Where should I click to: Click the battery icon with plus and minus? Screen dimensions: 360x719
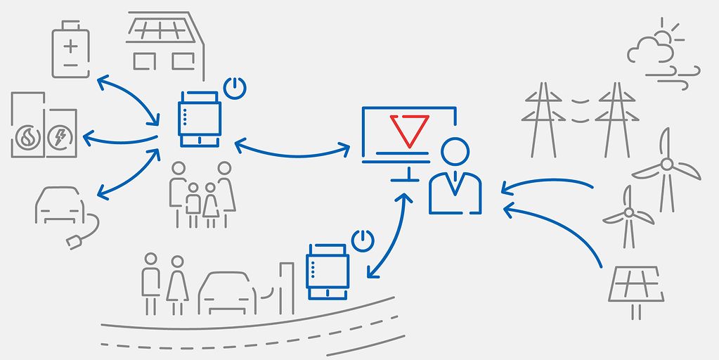(71, 51)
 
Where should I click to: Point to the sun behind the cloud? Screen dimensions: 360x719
(663, 35)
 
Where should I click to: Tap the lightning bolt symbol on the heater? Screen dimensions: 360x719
(59, 136)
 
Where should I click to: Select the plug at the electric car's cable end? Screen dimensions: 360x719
(73, 243)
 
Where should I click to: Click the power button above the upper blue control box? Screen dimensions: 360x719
(235, 89)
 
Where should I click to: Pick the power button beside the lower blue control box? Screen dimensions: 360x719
(362, 240)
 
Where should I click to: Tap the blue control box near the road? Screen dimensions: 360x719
(328, 272)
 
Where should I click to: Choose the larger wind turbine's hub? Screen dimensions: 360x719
(666, 165)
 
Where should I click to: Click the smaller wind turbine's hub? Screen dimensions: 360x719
(628, 212)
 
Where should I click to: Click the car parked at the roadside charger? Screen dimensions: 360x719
(226, 293)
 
